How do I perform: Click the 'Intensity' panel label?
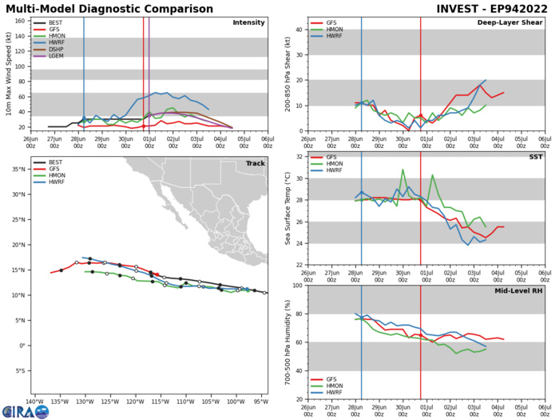[x=248, y=22]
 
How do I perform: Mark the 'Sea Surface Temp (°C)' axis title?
[x=288, y=221]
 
